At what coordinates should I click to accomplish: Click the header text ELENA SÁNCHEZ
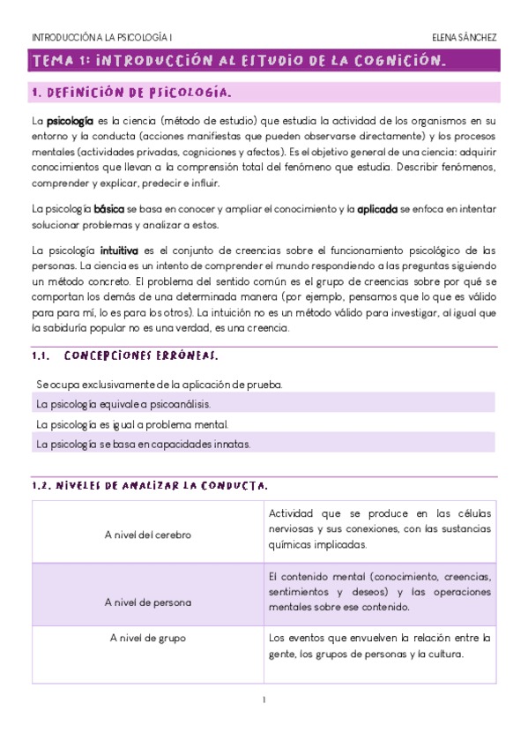(x=465, y=38)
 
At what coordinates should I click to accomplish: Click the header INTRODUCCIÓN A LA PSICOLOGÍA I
(x=101, y=38)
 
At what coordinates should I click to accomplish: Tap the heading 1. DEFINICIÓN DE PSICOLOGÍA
(x=132, y=93)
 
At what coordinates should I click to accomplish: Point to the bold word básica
(x=108, y=209)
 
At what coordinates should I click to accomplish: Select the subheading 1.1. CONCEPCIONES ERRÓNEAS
(x=124, y=356)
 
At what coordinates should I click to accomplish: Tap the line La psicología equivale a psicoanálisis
(x=123, y=404)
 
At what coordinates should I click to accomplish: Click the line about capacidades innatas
(x=143, y=445)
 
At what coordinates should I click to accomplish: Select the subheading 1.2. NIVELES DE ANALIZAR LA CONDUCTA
(x=150, y=485)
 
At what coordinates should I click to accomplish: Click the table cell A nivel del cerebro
(x=147, y=535)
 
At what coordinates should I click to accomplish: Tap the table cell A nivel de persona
(x=147, y=602)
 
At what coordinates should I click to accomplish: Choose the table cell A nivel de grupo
(x=147, y=637)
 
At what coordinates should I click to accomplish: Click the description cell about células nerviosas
(x=380, y=529)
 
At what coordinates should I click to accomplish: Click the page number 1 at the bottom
(x=264, y=700)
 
